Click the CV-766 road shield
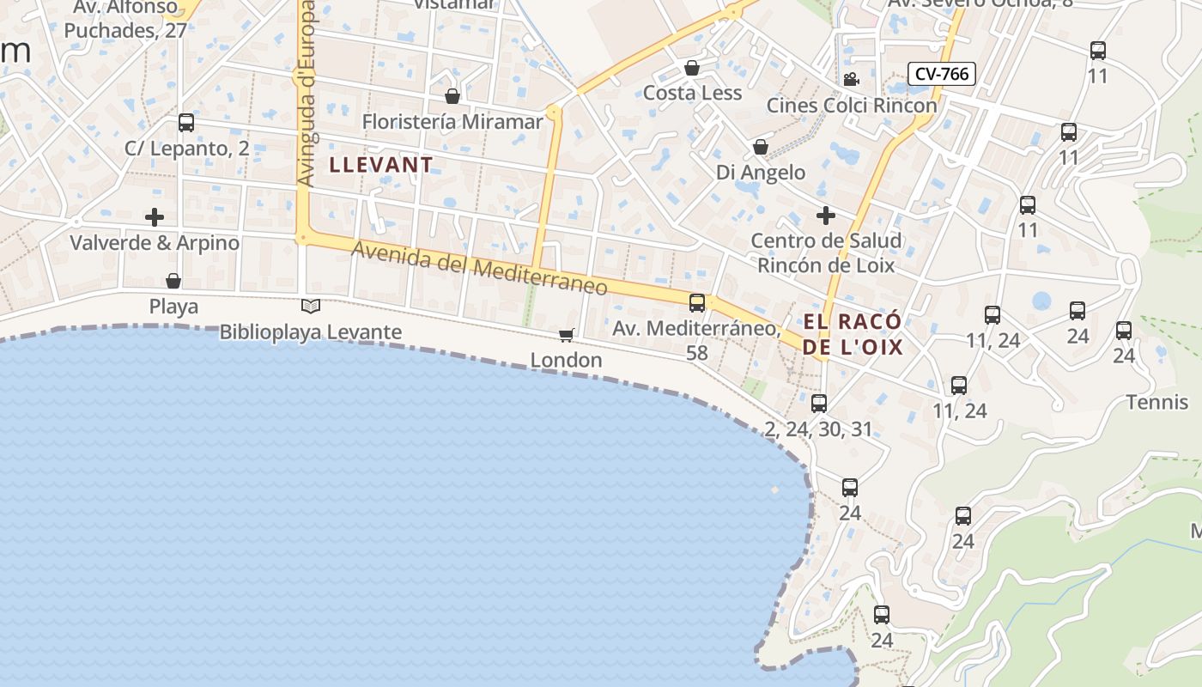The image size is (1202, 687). tap(942, 74)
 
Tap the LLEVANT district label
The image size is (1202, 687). tap(381, 164)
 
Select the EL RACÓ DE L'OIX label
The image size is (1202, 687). tap(853, 334)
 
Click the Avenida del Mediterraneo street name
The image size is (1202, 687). tap(479, 267)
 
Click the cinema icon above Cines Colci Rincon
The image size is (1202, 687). tap(851, 80)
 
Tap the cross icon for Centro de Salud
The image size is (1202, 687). tap(826, 215)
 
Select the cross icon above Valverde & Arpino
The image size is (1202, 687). tap(155, 216)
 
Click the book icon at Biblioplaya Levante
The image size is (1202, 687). tap(311, 306)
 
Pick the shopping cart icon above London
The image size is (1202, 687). tap(566, 335)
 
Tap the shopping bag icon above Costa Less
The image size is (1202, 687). tap(692, 68)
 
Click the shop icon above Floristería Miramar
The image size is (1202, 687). tap(452, 96)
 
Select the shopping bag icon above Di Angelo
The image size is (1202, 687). tap(761, 148)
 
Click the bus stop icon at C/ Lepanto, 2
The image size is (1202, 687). tap(186, 123)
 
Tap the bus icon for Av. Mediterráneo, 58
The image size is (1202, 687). tap(697, 302)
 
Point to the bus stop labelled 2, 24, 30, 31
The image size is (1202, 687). tap(819, 404)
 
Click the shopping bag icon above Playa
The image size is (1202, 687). tap(173, 281)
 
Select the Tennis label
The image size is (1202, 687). tap(1156, 402)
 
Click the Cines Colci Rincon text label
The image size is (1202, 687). tap(852, 106)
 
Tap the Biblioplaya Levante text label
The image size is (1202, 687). tap(311, 332)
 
